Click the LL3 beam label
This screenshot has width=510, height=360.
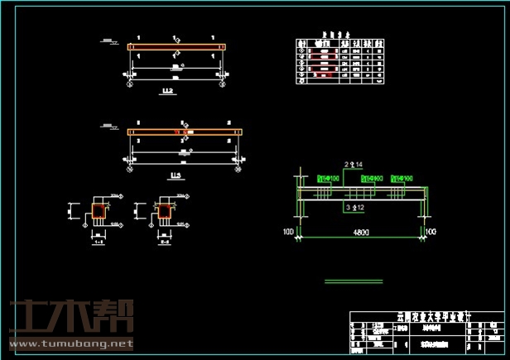pyautogui.click(x=176, y=176)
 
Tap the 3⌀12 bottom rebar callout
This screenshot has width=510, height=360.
pyautogui.click(x=354, y=206)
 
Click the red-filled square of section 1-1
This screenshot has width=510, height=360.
pyautogui.click(x=98, y=213)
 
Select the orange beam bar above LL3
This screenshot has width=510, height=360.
pyautogui.click(x=184, y=132)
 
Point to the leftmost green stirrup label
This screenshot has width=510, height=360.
pyautogui.click(x=329, y=178)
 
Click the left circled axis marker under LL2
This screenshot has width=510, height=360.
pyautogui.click(x=129, y=84)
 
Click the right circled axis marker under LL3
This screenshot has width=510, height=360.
pyautogui.click(x=240, y=168)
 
